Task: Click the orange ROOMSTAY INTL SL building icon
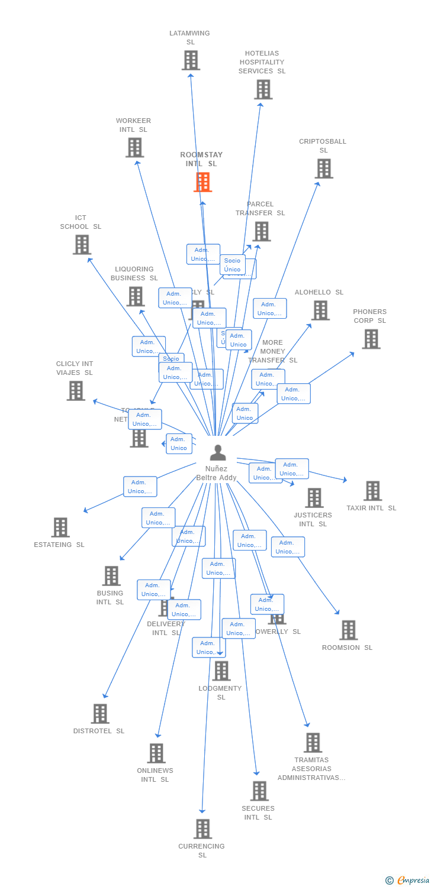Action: click(x=202, y=182)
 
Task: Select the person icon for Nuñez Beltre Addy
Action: click(x=218, y=453)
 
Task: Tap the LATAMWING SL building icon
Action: click(x=191, y=60)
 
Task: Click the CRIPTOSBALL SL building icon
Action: click(x=323, y=169)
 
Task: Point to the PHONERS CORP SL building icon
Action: click(x=371, y=339)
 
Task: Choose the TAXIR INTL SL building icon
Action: click(x=372, y=491)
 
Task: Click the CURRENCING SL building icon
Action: click(x=202, y=828)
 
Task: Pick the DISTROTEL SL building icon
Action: click(x=99, y=714)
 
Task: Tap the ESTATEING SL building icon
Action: click(x=60, y=527)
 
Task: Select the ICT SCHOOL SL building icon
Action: click(x=82, y=244)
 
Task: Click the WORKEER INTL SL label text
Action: click(x=133, y=125)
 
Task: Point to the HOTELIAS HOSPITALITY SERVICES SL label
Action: click(x=262, y=62)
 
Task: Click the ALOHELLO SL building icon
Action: click(x=320, y=310)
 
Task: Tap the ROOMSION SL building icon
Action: click(x=348, y=630)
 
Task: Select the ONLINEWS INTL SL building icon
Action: click(x=156, y=753)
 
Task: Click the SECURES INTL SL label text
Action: click(x=258, y=812)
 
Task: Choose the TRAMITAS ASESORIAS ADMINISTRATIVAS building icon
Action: click(x=312, y=743)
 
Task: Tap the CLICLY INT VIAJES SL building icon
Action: click(x=75, y=391)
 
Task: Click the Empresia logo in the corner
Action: click(x=409, y=880)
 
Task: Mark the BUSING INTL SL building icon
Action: click(x=111, y=576)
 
